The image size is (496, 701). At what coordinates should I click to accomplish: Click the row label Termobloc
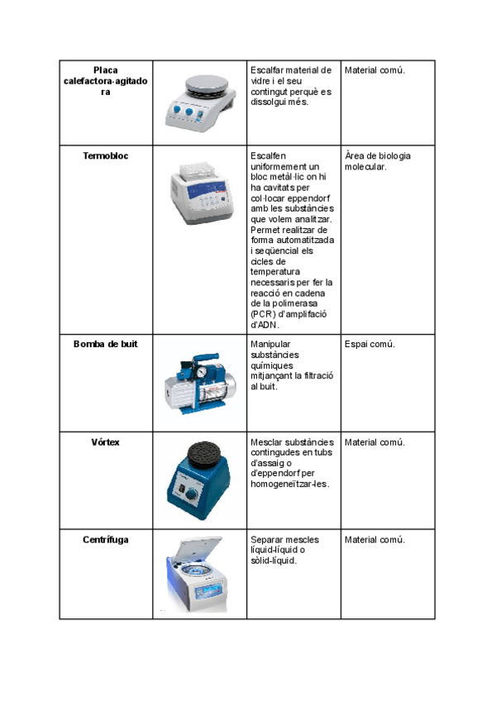[x=106, y=155]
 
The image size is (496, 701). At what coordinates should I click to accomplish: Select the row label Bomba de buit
[x=106, y=344]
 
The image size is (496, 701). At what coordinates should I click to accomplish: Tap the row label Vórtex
[x=106, y=442]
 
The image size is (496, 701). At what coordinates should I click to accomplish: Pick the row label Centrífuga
[x=106, y=540]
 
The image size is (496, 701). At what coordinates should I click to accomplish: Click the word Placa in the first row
[x=106, y=70]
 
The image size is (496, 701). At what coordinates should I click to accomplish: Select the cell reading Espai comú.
[x=370, y=344]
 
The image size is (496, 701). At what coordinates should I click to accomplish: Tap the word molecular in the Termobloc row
[x=365, y=166]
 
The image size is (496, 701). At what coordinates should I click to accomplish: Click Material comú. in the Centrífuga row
[x=374, y=540]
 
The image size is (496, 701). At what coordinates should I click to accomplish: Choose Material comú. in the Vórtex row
[x=374, y=442]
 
